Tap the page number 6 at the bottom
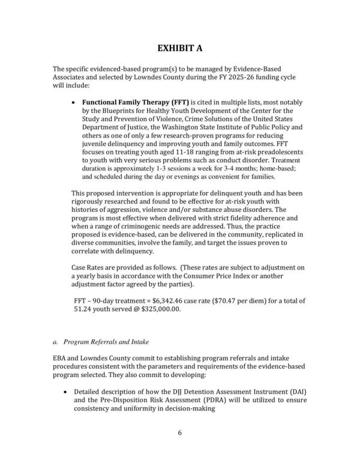[180, 432]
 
